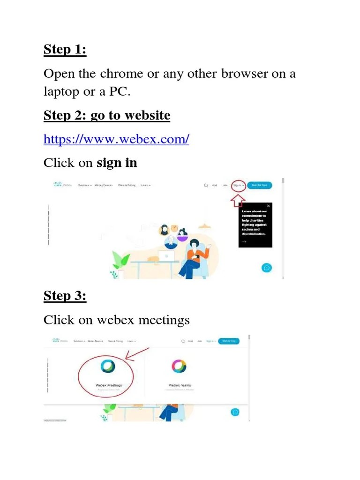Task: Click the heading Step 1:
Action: click(65, 49)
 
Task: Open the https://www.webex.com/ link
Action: click(116, 139)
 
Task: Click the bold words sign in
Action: click(117, 163)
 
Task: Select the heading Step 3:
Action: click(65, 296)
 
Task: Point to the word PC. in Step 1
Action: click(120, 92)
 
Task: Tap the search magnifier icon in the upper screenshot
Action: click(206, 186)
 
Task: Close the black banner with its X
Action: click(269, 206)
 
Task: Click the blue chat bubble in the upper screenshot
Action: click(267, 268)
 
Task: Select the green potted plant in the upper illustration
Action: click(121, 259)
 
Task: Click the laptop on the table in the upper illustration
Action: click(166, 256)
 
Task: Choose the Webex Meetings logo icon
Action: click(108, 366)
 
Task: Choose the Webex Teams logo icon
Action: click(179, 366)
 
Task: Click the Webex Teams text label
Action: click(180, 385)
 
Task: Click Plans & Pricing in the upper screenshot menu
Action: click(127, 186)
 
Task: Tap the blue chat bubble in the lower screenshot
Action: click(235, 412)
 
